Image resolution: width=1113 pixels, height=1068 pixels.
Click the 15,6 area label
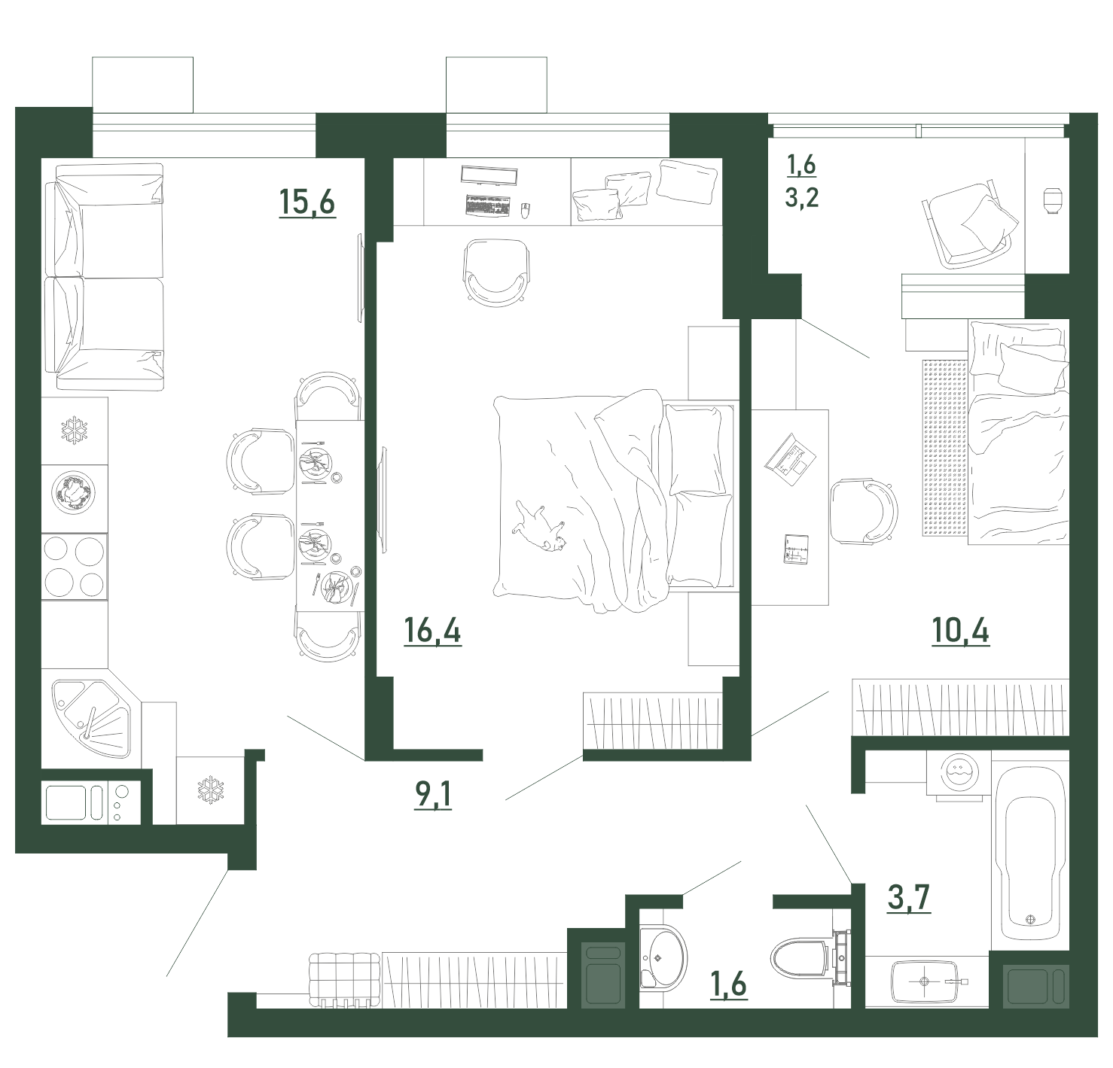[307, 202]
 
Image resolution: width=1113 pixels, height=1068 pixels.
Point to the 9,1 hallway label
[433, 794]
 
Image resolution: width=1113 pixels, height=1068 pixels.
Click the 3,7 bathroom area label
[910, 896]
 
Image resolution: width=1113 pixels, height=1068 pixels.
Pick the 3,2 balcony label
[802, 198]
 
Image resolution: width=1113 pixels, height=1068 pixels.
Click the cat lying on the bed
[539, 527]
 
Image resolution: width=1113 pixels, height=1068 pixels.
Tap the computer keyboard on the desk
[488, 205]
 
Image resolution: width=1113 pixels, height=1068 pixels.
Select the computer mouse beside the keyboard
[525, 210]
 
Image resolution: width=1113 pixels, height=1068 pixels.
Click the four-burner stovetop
[75, 567]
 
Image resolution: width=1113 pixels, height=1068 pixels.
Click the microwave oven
[91, 803]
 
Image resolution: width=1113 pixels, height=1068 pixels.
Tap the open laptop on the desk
[791, 461]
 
